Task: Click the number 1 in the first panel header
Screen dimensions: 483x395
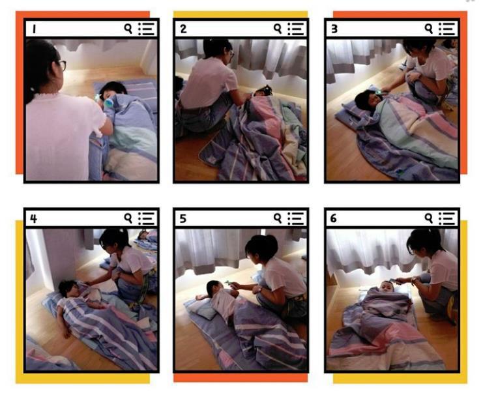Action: click(34, 29)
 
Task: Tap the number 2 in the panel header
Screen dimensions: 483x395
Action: click(183, 29)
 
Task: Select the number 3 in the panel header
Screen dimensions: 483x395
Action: click(334, 29)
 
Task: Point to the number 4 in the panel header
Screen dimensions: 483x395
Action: click(34, 219)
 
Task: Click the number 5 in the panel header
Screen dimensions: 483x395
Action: click(183, 219)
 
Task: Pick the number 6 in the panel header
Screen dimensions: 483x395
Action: click(333, 219)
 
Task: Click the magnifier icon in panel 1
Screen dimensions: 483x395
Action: click(128, 29)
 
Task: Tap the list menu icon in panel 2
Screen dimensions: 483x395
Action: click(296, 29)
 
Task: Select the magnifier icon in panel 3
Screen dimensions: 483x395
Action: click(429, 29)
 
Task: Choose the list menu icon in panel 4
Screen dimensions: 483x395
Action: click(146, 218)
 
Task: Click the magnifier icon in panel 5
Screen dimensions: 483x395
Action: click(278, 218)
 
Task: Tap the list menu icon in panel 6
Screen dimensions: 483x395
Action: click(447, 218)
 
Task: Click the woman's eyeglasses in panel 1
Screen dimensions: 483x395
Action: click(62, 65)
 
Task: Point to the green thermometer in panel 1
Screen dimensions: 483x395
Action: click(108, 102)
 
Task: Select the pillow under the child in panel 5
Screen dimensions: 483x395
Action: click(204, 309)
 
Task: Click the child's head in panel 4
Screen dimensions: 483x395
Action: click(69, 289)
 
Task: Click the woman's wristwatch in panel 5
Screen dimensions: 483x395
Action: click(261, 289)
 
